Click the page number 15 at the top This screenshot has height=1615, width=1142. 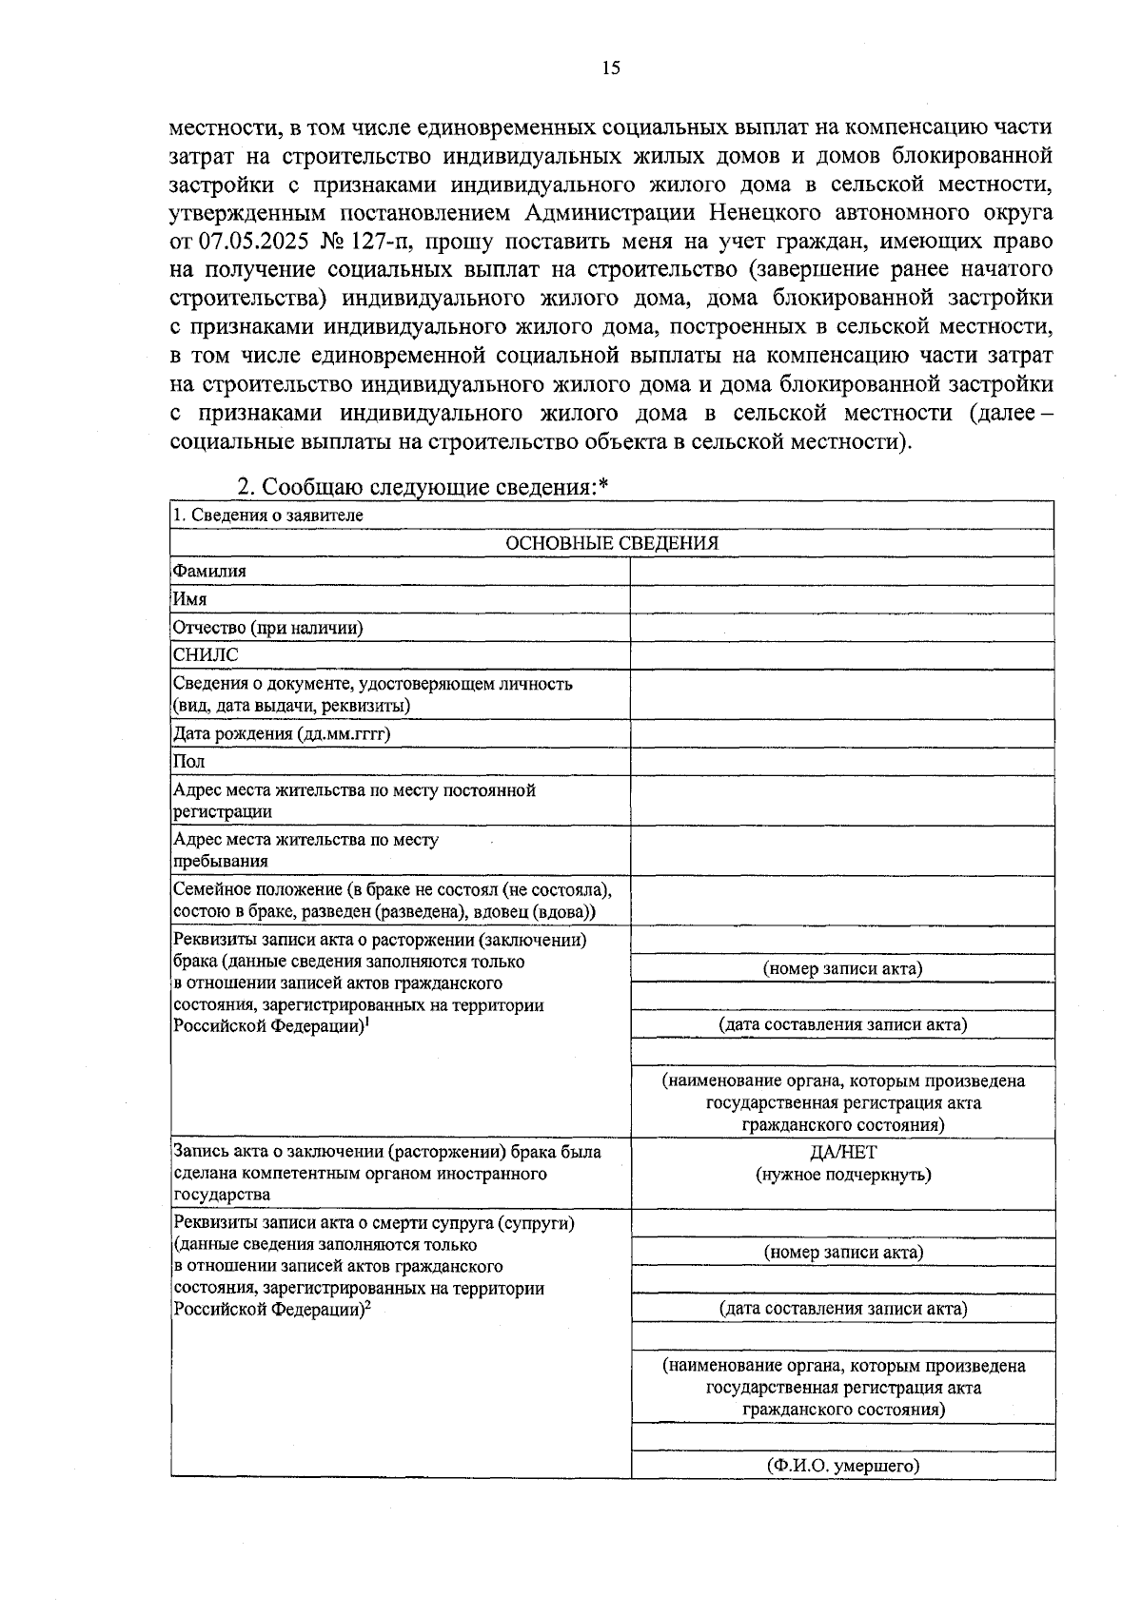611,68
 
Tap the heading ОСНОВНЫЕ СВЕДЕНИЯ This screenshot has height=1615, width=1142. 611,543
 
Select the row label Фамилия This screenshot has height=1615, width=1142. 209,571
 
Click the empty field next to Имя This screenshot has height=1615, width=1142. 842,599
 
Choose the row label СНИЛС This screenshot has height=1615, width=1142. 206,655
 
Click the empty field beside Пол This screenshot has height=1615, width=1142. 842,762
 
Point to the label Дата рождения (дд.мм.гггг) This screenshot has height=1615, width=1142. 282,733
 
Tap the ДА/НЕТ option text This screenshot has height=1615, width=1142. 843,1152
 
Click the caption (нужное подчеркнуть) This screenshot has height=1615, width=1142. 843,1174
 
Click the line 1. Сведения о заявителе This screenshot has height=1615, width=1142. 268,515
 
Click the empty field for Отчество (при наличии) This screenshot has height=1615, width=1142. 842,628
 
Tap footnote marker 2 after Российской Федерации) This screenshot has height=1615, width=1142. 367,1306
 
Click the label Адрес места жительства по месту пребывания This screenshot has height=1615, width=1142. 305,850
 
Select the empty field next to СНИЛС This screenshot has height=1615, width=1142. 842,655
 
